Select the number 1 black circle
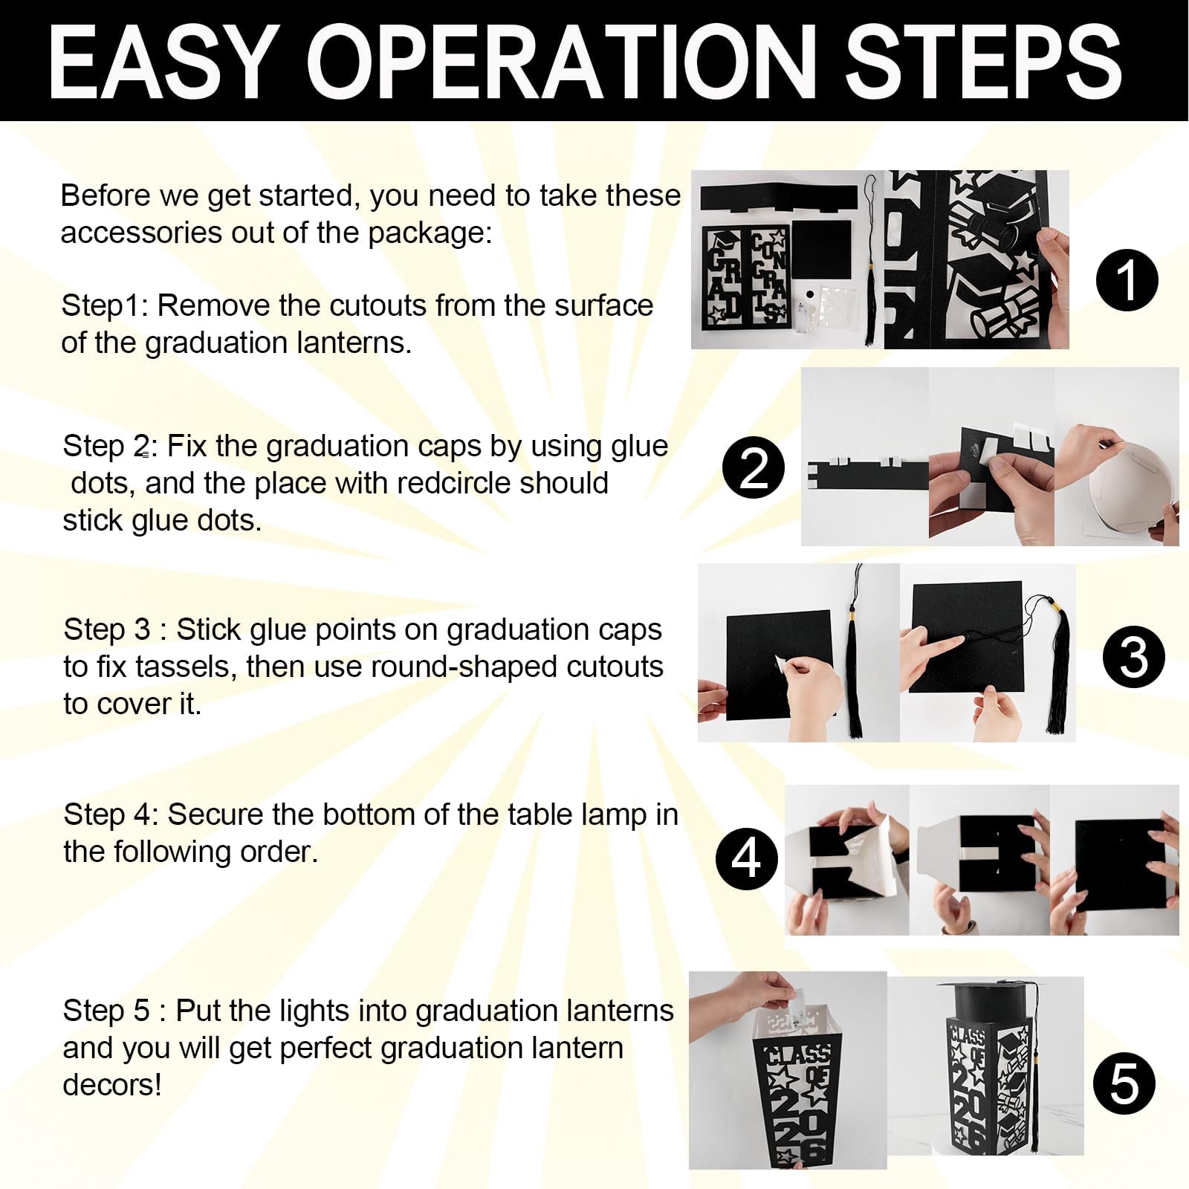click(x=1127, y=280)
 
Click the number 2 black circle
click(x=753, y=467)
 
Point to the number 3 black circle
click(x=1133, y=656)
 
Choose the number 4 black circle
click(x=747, y=858)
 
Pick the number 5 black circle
click(x=1124, y=1084)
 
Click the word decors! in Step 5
click(x=112, y=1085)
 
